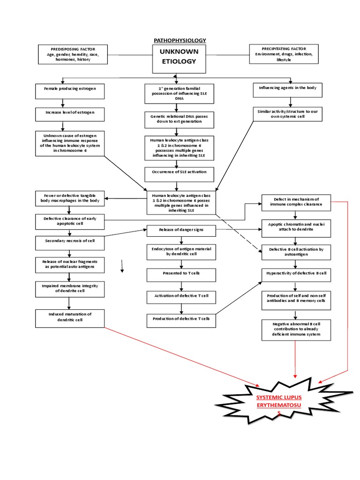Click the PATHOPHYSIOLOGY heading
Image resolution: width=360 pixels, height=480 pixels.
[180, 40]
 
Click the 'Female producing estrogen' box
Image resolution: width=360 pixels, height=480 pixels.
[70, 91]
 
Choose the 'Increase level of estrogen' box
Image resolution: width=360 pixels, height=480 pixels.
[70, 114]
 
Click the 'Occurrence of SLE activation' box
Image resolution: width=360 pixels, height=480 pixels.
[180, 174]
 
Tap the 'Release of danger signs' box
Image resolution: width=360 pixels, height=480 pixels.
[181, 230]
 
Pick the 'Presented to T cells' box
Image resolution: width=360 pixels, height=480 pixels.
[181, 275]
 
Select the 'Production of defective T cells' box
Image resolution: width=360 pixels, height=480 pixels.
[181, 321]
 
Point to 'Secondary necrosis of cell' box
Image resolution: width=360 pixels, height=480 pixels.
[70, 242]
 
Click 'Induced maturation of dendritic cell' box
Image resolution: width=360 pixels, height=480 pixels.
[70, 318]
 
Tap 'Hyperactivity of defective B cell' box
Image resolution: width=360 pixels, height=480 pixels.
[296, 274]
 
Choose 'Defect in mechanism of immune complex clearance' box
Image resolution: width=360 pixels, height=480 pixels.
[296, 202]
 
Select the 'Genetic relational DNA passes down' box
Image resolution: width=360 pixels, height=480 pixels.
[180, 119]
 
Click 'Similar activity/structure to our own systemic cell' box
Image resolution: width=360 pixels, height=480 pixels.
[288, 114]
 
